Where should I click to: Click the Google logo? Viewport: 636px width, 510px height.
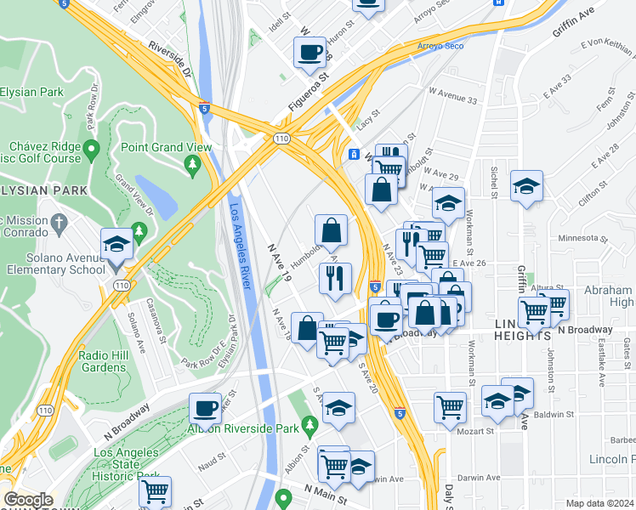pyautogui.click(x=28, y=500)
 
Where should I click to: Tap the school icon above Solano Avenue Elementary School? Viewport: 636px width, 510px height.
pyautogui.click(x=116, y=246)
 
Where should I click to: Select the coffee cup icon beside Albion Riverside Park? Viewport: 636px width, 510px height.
pyautogui.click(x=205, y=408)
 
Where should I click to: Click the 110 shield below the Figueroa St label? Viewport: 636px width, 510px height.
pyautogui.click(x=279, y=138)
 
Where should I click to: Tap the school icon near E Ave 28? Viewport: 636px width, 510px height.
pyautogui.click(x=526, y=186)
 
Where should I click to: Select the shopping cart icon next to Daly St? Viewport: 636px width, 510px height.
pyautogui.click(x=450, y=406)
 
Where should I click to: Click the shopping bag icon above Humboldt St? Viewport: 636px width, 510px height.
pyautogui.click(x=331, y=229)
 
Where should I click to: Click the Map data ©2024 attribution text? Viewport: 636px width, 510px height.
pyautogui.click(x=599, y=503)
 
